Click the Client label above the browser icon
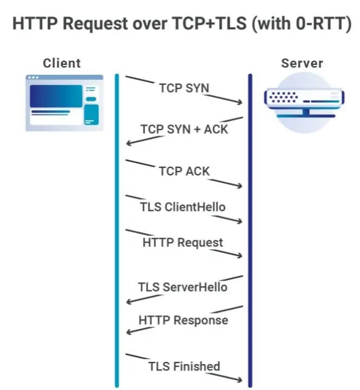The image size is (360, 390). coord(61,63)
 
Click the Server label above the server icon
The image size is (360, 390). coord(302,63)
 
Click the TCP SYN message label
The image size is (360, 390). coord(184,88)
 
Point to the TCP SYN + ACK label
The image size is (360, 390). coord(184,129)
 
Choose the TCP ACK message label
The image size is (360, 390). coord(184,171)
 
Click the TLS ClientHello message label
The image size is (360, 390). coord(182,207)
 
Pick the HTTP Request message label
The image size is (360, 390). coord(182,242)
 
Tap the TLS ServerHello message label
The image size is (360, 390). coord(182,287)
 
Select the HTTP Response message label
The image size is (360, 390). coord(183,320)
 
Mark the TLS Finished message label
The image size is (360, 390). coord(184,366)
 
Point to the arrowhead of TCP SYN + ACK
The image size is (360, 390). coord(128,143)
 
